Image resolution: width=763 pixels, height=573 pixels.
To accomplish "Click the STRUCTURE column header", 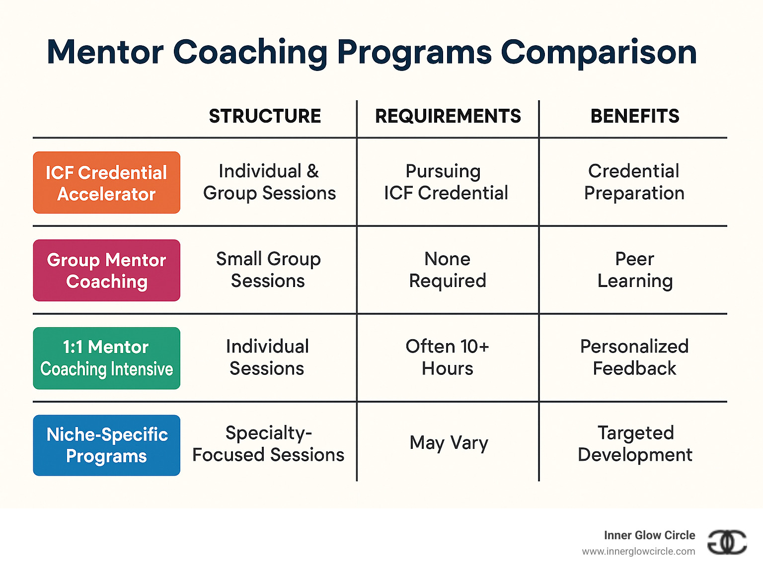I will [265, 116].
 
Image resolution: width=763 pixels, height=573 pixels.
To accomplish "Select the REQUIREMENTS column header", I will [448, 116].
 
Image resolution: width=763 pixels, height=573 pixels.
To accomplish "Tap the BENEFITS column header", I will [634, 116].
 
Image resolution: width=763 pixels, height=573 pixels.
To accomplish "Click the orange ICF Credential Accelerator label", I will [106, 183].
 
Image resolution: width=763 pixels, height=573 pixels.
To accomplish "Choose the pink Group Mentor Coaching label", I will [106, 271].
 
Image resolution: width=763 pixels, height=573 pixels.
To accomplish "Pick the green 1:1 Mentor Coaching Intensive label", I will [106, 358].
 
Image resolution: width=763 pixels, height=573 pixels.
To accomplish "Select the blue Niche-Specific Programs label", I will [106, 445].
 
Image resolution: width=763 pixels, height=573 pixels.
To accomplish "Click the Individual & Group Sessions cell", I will [269, 182].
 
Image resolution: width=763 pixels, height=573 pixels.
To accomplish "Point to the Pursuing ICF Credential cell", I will [446, 182].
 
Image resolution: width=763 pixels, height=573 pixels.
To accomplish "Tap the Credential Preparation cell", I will [634, 182].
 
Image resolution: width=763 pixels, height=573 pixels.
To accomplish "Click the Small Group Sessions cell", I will [268, 270].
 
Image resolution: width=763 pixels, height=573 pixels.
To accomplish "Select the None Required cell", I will [447, 270].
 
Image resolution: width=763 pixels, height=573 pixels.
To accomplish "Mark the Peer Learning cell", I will [634, 270].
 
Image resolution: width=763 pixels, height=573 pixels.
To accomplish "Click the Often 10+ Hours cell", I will [447, 358].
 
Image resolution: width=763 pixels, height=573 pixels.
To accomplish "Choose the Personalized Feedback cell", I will [634, 358].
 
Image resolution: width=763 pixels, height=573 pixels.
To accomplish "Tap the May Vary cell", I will [449, 442].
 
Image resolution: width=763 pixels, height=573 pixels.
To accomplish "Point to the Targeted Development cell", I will [635, 443].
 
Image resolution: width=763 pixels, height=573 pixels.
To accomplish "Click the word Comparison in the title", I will [599, 52].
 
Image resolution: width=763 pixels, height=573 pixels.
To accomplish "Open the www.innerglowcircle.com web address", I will [638, 552].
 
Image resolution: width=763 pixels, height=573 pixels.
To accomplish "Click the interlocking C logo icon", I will [727, 542].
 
